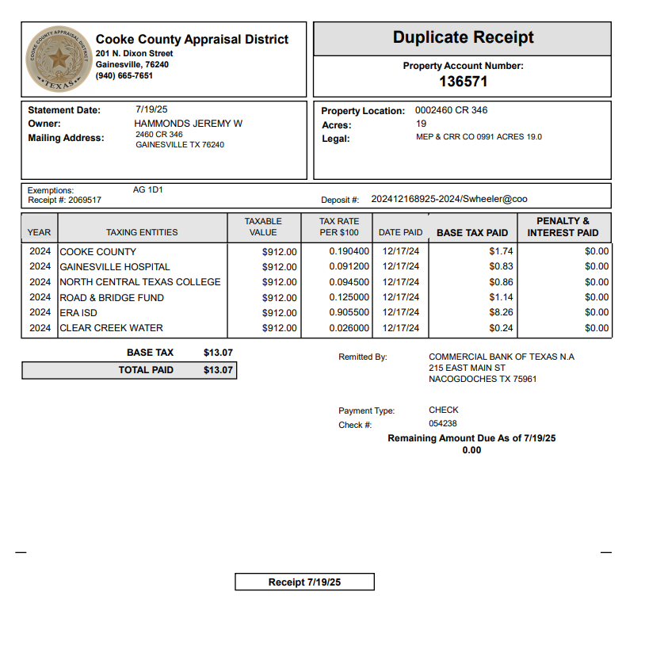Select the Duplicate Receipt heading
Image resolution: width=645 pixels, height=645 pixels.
[463, 37]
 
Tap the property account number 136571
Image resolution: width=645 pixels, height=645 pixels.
[463, 81]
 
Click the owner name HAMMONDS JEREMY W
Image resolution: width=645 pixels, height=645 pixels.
[188, 124]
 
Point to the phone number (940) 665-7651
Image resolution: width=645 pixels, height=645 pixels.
[124, 76]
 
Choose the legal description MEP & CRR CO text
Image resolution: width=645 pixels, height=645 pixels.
[479, 137]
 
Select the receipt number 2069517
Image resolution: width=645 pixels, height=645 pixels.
[85, 200]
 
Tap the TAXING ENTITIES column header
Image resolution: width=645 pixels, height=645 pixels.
[142, 232]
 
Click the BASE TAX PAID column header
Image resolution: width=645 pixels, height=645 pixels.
[472, 233]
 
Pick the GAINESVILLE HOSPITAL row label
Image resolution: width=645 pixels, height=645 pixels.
[115, 267]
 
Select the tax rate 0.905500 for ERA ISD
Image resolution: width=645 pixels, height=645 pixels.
[349, 313]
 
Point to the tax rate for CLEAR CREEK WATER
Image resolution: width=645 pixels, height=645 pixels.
[349, 328]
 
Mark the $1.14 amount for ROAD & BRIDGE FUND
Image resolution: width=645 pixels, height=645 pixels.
[501, 298]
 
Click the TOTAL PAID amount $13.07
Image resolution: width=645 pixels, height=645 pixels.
[218, 370]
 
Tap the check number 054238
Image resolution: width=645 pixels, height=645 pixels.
[442, 424]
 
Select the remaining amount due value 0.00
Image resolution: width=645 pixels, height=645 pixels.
[471, 450]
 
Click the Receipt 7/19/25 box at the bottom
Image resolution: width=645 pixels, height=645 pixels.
[304, 582]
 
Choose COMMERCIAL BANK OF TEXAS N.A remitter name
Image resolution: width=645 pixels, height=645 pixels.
[502, 357]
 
